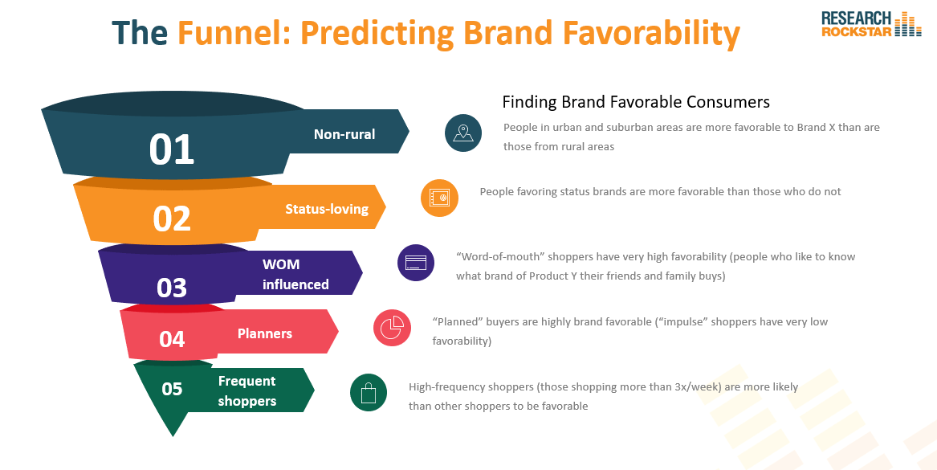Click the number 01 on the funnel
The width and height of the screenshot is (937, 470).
172,149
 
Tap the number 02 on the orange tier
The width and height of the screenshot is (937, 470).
172,219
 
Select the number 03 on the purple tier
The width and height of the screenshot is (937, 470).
172,288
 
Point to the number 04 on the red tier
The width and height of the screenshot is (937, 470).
172,339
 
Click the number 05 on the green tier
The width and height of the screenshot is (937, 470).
172,389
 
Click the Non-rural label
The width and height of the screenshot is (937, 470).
344,134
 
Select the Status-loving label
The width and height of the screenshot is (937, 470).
327,209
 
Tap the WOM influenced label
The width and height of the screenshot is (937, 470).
295,275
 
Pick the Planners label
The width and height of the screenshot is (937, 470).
265,333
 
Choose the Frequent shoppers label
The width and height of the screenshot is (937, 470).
246,391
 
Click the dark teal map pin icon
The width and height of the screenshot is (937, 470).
463,133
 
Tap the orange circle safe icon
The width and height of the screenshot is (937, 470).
439,198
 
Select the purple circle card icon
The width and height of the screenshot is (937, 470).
416,263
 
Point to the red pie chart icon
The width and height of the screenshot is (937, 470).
392,328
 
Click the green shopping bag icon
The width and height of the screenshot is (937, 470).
368,393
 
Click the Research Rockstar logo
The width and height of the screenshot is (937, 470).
871,24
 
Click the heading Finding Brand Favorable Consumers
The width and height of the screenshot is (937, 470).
636,102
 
